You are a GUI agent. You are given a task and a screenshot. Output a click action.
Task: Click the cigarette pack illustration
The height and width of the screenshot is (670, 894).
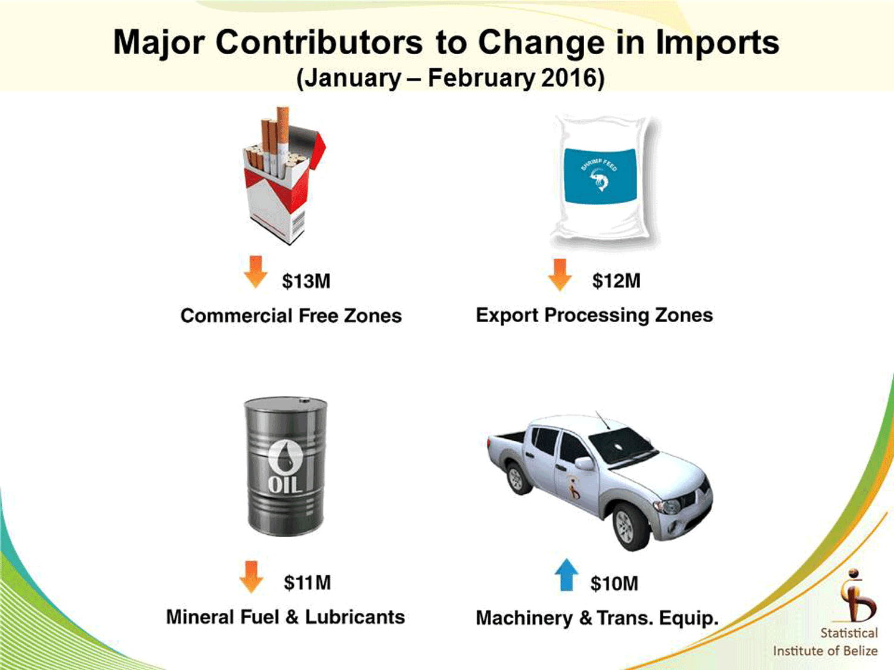click(284, 176)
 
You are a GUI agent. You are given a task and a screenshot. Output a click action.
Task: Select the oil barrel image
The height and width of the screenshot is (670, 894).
click(285, 466)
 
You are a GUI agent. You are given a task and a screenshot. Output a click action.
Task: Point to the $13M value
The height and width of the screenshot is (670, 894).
click(306, 281)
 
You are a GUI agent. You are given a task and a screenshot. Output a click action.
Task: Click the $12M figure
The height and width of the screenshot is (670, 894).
click(616, 281)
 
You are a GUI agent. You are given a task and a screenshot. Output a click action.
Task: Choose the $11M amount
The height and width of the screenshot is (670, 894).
click(307, 582)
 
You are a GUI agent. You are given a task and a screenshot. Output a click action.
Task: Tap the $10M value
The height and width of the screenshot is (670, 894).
click(614, 584)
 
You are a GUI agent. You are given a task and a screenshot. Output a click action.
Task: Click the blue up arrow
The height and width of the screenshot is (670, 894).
click(567, 575)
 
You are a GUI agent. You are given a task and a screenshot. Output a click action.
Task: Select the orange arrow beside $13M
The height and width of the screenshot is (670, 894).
click(255, 272)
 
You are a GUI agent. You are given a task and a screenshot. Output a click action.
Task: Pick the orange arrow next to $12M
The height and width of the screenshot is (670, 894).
click(560, 275)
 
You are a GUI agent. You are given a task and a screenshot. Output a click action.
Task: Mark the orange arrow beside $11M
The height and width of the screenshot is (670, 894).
click(252, 577)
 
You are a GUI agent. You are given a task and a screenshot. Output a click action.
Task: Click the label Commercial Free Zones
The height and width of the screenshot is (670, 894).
click(291, 316)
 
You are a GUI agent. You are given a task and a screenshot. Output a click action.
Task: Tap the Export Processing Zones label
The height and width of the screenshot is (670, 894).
click(594, 315)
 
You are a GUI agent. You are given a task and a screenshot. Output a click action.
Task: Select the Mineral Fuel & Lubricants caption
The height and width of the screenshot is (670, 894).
click(285, 617)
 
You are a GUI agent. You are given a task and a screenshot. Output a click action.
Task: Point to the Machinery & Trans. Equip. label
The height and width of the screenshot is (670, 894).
click(597, 618)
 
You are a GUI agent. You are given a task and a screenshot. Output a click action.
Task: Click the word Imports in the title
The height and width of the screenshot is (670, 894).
click(718, 43)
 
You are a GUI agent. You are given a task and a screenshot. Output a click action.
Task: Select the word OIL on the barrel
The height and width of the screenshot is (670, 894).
click(285, 484)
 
